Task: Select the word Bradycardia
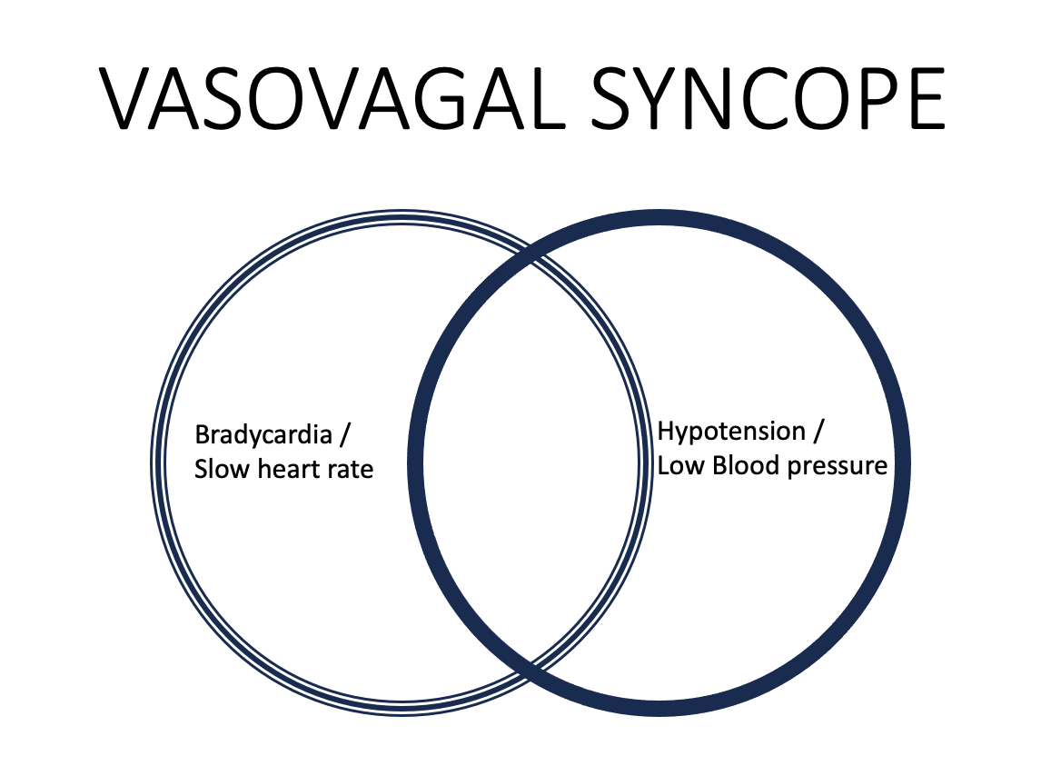coord(263,434)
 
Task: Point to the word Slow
coord(218,469)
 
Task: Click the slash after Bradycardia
coord(344,434)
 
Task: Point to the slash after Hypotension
coord(818,431)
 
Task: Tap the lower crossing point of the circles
coord(530,671)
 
